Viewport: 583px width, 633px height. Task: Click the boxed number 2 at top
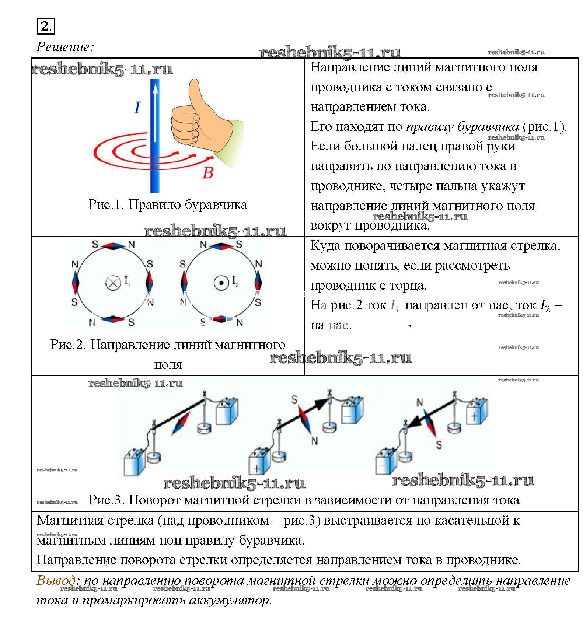pyautogui.click(x=45, y=27)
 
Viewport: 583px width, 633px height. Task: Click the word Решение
pyautogui.click(x=65, y=47)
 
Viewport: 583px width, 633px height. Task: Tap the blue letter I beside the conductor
pyautogui.click(x=137, y=107)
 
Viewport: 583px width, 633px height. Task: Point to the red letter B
pyautogui.click(x=207, y=172)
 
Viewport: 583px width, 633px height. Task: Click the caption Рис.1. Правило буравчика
pyautogui.click(x=168, y=204)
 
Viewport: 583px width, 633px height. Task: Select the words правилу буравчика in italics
pyautogui.click(x=462, y=126)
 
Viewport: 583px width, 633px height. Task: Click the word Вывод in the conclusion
pyautogui.click(x=56, y=580)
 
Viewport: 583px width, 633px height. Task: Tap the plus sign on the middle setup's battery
pyautogui.click(x=257, y=469)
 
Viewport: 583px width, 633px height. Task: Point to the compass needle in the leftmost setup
pyautogui.click(x=181, y=423)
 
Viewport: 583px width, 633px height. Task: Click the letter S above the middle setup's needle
pyautogui.click(x=294, y=399)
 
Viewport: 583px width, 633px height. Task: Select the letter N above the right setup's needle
pyautogui.click(x=420, y=402)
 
